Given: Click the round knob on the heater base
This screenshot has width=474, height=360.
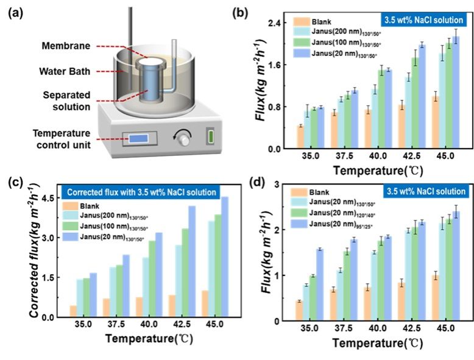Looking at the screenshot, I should pyautogui.click(x=182, y=138).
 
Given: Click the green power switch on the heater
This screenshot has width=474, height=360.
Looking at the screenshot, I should pyautogui.click(x=211, y=136).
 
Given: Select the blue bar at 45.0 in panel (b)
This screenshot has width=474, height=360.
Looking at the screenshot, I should pyautogui.click(x=455, y=93).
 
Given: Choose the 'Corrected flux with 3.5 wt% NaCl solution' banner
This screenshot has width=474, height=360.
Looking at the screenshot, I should pyautogui.click(x=144, y=192).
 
